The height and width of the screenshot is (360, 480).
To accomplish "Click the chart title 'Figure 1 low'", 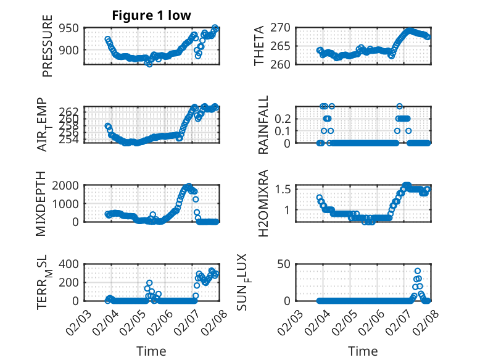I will [151, 15].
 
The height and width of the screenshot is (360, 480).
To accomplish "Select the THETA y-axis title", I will [259, 46].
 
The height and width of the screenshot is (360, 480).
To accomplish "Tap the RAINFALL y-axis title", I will [263, 125].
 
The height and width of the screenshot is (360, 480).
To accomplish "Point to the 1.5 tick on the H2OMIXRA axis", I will [281, 189].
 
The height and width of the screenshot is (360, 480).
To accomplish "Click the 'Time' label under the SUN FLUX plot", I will [363, 351].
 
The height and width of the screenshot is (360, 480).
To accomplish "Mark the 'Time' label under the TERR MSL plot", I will [151, 351].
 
